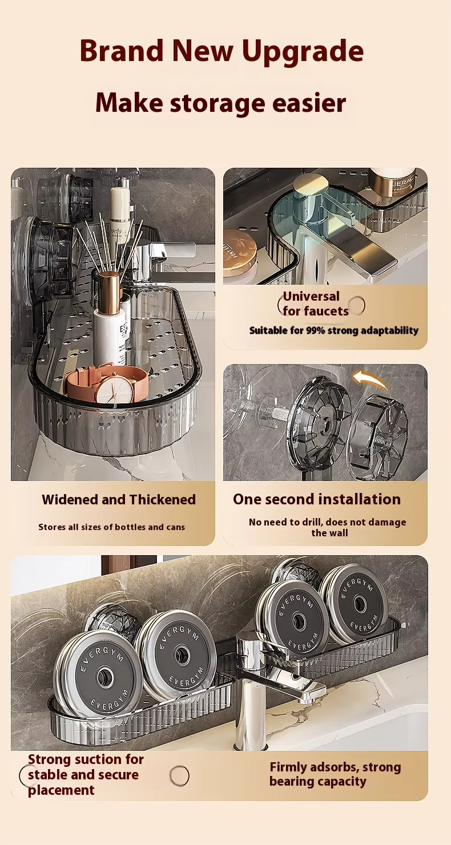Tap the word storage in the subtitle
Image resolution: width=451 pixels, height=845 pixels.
[218, 103]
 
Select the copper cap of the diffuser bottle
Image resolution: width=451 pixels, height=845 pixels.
[109, 290]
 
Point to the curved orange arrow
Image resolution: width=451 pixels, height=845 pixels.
[370, 379]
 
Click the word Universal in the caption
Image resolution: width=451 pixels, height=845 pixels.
[311, 297]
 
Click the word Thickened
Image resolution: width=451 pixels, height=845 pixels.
[163, 499]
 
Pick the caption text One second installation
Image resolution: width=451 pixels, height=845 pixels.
[317, 499]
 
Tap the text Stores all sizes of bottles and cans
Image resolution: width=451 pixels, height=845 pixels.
[112, 527]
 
